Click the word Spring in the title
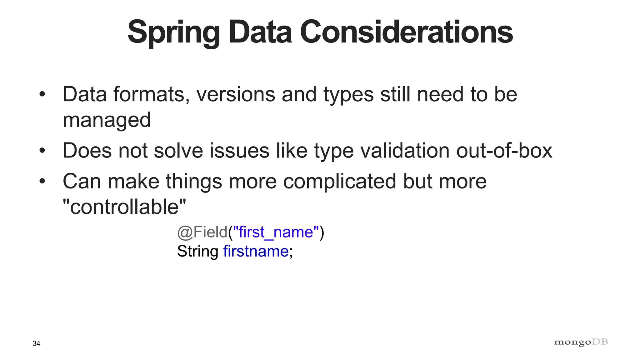click(x=174, y=32)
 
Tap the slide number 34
click(x=36, y=344)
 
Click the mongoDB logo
click(x=581, y=342)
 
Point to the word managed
click(x=107, y=120)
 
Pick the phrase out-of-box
click(x=504, y=151)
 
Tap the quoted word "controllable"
click(x=124, y=207)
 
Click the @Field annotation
click(x=202, y=232)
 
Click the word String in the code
click(x=197, y=251)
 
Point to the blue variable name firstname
click(x=256, y=251)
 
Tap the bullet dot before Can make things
click(x=42, y=182)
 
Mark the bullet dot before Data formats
click(x=42, y=95)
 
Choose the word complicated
click(x=339, y=182)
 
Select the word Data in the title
click(x=260, y=32)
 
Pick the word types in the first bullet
click(x=348, y=95)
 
